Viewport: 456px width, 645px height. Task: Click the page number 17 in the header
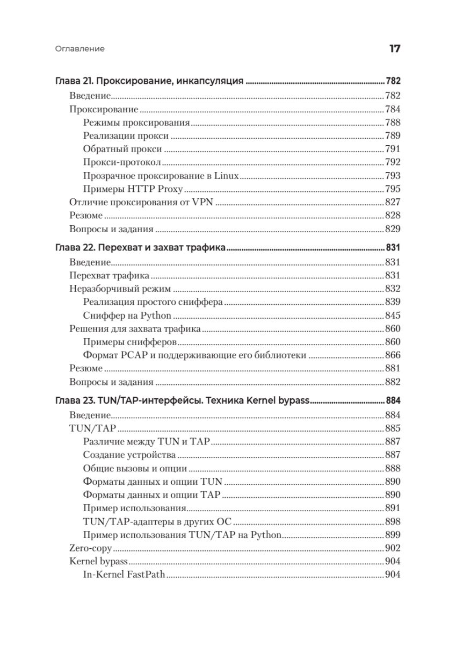point(394,49)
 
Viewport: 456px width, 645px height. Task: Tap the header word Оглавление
point(80,49)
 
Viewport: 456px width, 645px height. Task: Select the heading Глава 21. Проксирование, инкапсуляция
point(150,82)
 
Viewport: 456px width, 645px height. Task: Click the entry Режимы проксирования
point(137,123)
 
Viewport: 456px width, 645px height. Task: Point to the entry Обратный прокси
point(122,149)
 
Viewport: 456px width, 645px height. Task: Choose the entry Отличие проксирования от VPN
point(142,202)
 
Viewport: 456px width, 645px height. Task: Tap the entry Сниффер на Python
point(127,316)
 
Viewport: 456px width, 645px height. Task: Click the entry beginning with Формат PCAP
point(194,355)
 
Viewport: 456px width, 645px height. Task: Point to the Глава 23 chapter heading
point(183,401)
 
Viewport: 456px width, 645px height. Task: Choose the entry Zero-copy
point(90,548)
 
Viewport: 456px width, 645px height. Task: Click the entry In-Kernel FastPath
point(124,575)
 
